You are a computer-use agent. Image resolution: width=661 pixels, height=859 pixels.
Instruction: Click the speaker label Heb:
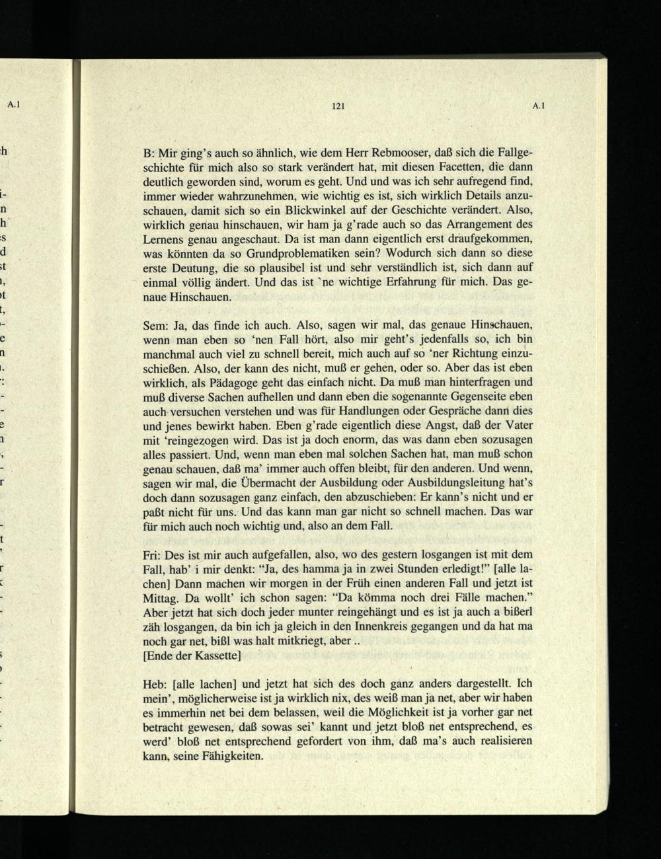pyautogui.click(x=156, y=682)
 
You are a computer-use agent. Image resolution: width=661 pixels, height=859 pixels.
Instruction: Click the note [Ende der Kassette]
pyautogui.click(x=191, y=655)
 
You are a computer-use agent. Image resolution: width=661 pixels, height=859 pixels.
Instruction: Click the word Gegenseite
pyautogui.click(x=476, y=396)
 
